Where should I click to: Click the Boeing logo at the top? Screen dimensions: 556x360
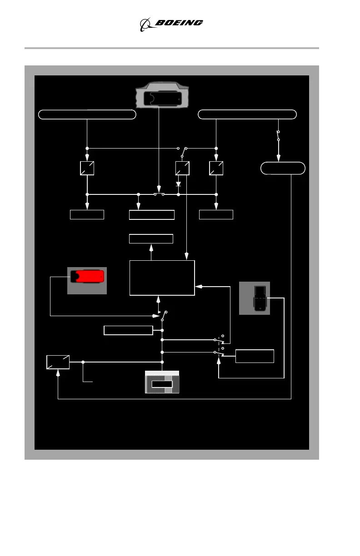171,24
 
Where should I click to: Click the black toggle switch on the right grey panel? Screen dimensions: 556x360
260,298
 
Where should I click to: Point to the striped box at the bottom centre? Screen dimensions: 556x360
162,382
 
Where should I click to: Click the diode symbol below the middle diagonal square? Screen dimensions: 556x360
179,185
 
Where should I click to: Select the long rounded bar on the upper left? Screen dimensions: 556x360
87,114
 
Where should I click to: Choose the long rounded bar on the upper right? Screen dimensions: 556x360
248,114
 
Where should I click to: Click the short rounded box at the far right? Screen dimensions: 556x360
283,169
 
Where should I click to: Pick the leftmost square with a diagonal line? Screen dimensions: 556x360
87,169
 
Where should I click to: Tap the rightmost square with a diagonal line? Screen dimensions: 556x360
216,169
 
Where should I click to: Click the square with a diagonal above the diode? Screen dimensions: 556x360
182,169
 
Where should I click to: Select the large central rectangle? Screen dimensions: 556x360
162,278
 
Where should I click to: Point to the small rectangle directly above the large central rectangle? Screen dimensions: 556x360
151,239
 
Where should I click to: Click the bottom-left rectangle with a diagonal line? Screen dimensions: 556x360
58,362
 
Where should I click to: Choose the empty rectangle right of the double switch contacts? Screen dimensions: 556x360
255,356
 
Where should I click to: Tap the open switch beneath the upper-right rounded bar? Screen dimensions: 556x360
279,135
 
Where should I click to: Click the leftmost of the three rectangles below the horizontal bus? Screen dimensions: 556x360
87,215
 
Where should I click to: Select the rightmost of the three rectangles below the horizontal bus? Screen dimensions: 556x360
216,215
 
